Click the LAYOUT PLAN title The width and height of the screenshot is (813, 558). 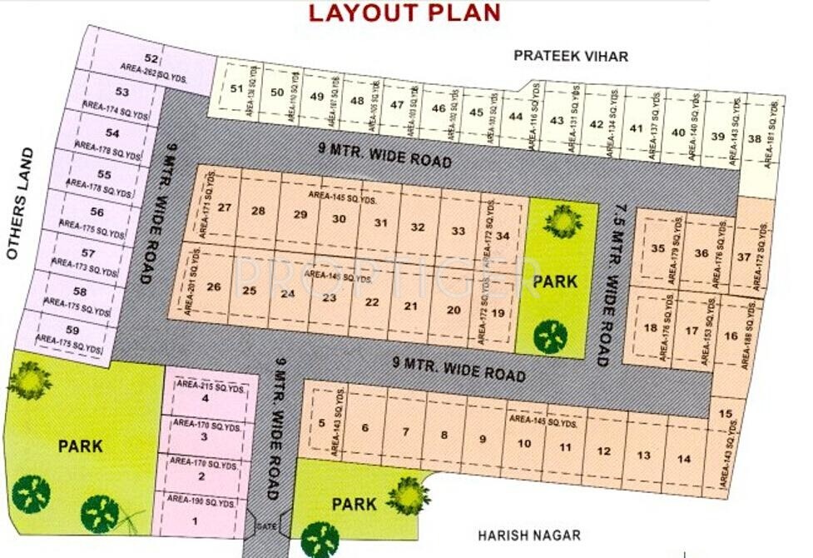coord(404,12)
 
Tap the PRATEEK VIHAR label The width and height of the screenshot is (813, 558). coord(571,56)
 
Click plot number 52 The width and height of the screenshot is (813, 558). coord(151,58)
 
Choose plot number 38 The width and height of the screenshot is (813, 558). coord(754,139)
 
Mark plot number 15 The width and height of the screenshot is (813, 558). coord(726,414)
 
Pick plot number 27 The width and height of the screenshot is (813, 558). coord(224,207)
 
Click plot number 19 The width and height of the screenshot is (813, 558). coord(498,313)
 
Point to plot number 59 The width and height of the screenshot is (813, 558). coord(72,331)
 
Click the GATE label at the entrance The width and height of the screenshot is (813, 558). coord(266,527)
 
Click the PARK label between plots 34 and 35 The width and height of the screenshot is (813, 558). coord(555,281)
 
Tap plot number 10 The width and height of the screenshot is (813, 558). coord(523,443)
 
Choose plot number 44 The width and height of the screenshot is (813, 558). coord(516,116)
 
